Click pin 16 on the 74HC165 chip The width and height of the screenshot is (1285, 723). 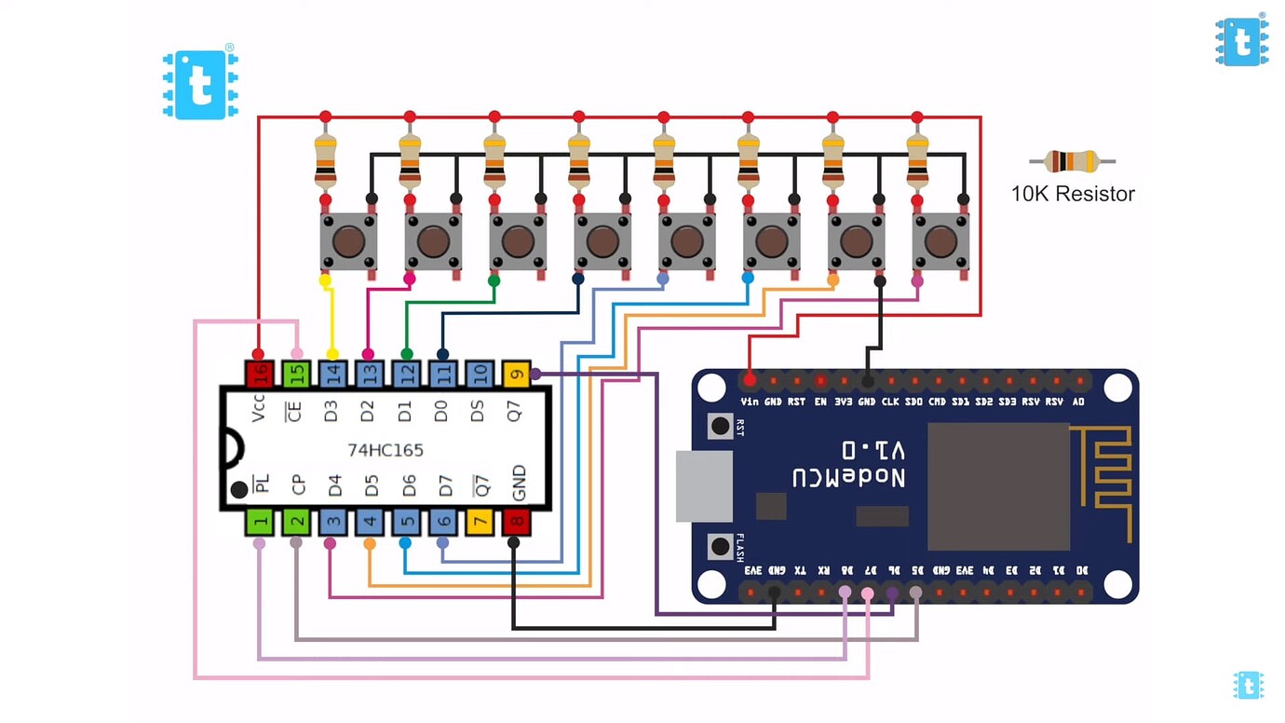pyautogui.click(x=259, y=375)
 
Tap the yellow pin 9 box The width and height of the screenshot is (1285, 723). pyautogui.click(x=516, y=375)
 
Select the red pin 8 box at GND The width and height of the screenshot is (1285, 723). pyautogui.click(x=516, y=523)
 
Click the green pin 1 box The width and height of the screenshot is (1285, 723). pyautogui.click(x=259, y=523)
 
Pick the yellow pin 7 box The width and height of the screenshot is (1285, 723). pyautogui.click(x=480, y=523)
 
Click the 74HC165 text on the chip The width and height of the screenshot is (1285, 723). pyautogui.click(x=385, y=450)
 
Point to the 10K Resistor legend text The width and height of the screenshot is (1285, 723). pyautogui.click(x=1073, y=194)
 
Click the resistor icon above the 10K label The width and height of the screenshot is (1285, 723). pyautogui.click(x=1072, y=161)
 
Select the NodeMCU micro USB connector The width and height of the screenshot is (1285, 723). pyautogui.click(x=704, y=486)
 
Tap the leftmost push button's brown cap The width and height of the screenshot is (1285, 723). pyautogui.click(x=348, y=242)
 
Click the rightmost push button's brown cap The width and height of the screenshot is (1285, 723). pyautogui.click(x=940, y=242)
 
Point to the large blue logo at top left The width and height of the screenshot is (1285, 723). pyautogui.click(x=200, y=84)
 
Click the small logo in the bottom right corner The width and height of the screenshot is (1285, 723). pyautogui.click(x=1248, y=685)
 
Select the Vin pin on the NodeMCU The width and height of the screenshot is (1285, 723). pyautogui.click(x=750, y=380)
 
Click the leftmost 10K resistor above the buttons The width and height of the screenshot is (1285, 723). pyautogui.click(x=325, y=160)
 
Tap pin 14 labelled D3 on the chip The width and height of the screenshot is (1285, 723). pyautogui.click(x=332, y=375)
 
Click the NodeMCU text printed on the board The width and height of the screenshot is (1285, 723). pyautogui.click(x=848, y=465)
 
